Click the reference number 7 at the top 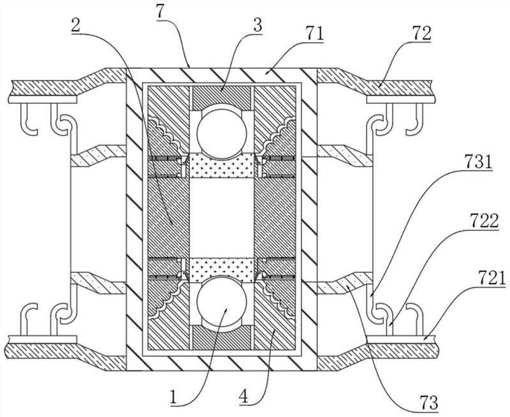(x=161, y=12)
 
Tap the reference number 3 (x=258, y=25)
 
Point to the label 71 (x=315, y=34)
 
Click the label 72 (x=422, y=33)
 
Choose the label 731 (x=478, y=162)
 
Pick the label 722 (x=484, y=221)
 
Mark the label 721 (x=492, y=279)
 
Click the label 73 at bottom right (x=429, y=403)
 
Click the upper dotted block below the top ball (x=221, y=165)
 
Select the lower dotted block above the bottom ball (x=221, y=270)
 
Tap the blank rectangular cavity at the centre (x=221, y=218)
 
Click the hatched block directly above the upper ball (x=221, y=98)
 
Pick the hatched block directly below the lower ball (x=221, y=338)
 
